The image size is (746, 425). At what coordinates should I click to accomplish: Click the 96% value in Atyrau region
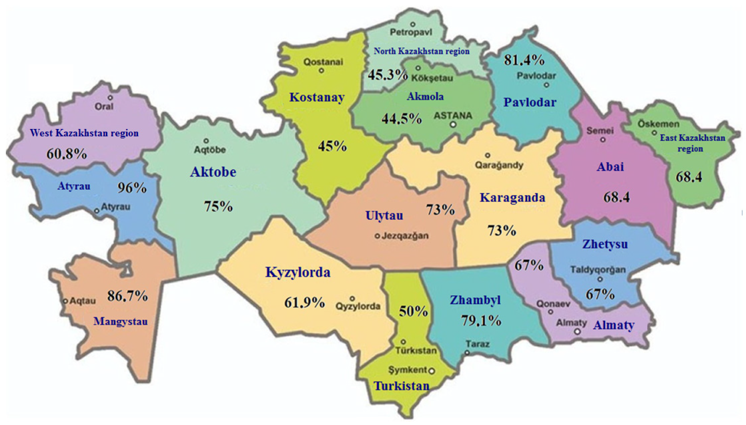132,188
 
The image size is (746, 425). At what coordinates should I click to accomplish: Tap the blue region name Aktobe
213,172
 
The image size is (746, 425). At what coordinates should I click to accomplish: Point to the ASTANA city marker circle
453,125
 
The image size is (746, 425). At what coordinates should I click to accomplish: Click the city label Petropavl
411,32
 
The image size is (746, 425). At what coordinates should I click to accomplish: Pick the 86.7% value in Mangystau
128,296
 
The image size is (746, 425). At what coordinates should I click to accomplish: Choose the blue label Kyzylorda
298,272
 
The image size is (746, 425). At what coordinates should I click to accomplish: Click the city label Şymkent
408,370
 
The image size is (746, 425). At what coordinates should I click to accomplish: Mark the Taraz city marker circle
467,353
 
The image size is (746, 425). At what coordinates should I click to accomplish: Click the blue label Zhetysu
605,244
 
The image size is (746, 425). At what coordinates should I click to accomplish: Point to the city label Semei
600,131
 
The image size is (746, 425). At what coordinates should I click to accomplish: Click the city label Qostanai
323,62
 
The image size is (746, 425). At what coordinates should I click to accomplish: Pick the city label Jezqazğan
405,236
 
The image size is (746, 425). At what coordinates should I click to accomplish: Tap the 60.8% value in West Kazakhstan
67,153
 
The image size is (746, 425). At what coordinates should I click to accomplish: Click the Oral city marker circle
110,98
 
